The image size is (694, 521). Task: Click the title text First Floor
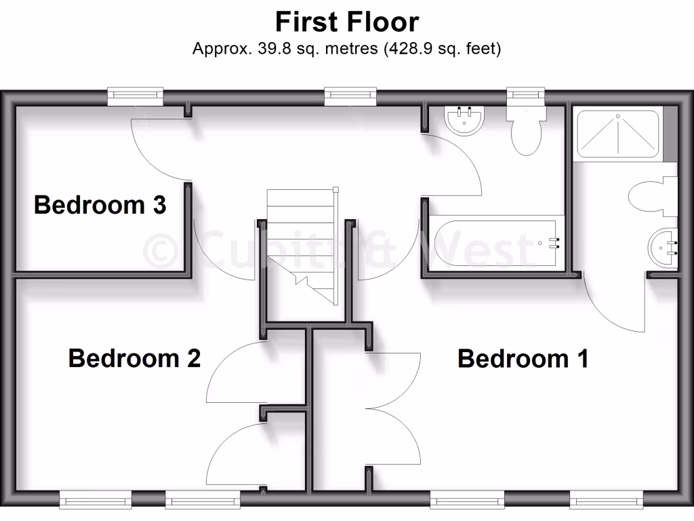coord(346,22)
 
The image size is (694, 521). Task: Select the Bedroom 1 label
coord(523,358)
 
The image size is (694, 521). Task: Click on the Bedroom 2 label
coord(134,358)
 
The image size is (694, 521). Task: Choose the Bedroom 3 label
coord(100,204)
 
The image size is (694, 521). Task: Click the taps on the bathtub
coord(554,243)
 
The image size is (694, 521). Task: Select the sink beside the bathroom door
coord(464,121)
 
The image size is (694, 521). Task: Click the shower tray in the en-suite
coord(617,134)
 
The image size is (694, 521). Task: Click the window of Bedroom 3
coord(136,96)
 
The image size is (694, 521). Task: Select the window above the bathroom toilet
coord(526,96)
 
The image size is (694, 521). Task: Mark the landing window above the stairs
coord(350,96)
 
